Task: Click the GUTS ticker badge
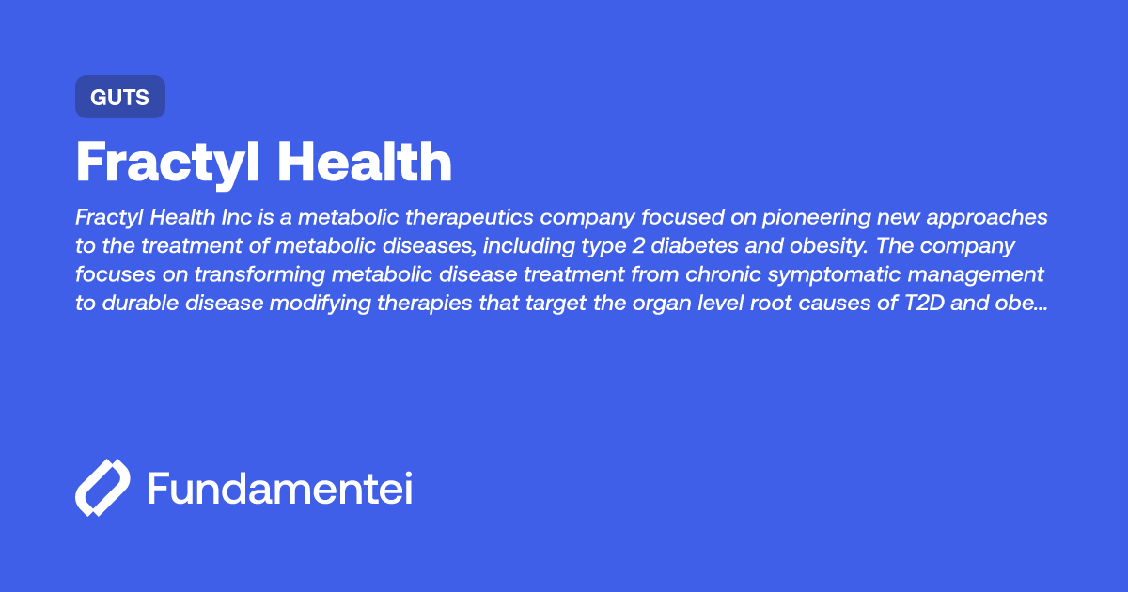click(120, 97)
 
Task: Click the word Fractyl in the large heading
click(167, 163)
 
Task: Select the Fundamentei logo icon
click(102, 489)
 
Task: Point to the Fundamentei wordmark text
click(280, 489)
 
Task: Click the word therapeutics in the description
click(441, 218)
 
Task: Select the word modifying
click(310, 304)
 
